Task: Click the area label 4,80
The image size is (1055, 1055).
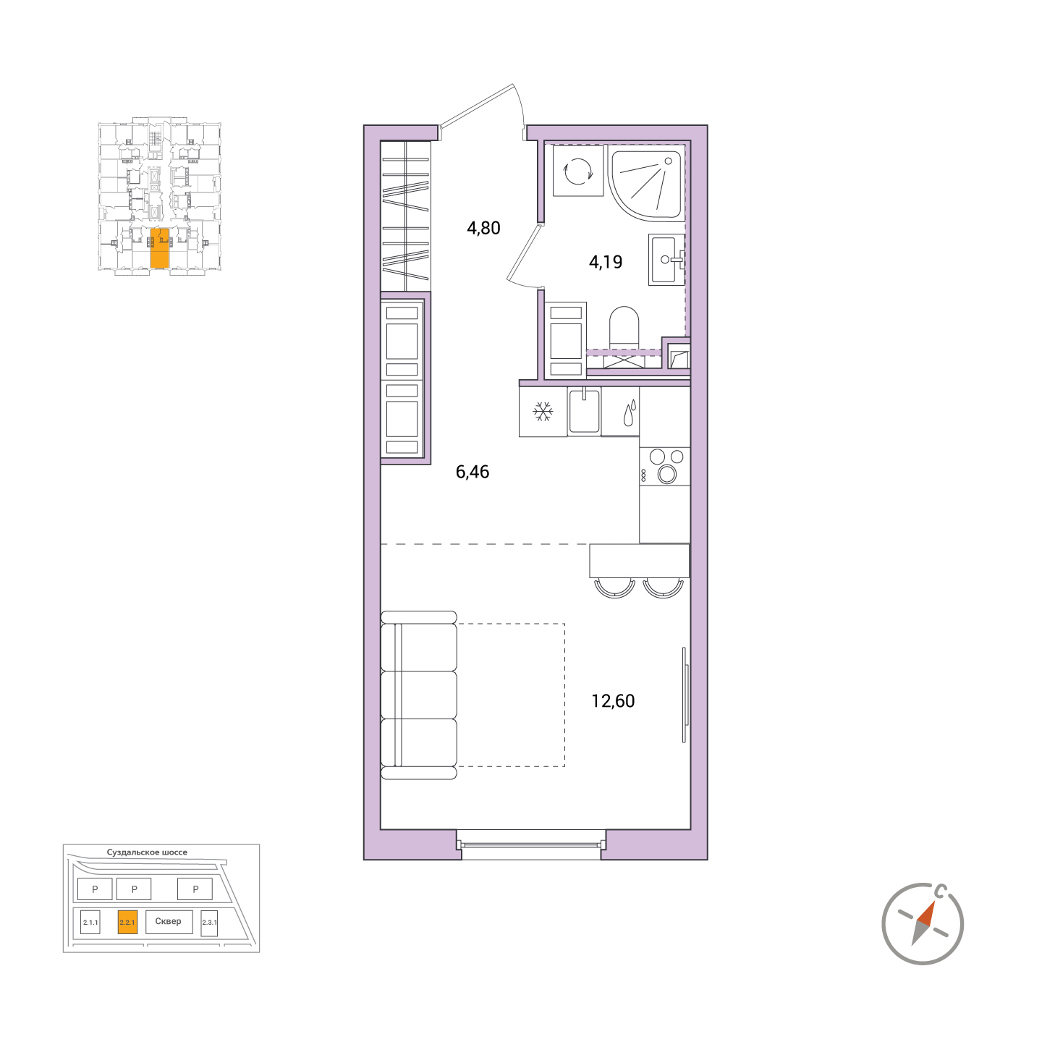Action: pyautogui.click(x=483, y=228)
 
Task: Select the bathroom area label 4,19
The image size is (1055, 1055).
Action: pyautogui.click(x=606, y=262)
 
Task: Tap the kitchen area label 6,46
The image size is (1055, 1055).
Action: pyautogui.click(x=473, y=471)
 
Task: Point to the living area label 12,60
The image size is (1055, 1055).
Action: pyautogui.click(x=613, y=701)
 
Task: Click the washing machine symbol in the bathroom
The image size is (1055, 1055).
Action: pyautogui.click(x=578, y=171)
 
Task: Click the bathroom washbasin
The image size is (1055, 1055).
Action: pyautogui.click(x=666, y=260)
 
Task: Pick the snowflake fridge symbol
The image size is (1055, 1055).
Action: pyautogui.click(x=543, y=411)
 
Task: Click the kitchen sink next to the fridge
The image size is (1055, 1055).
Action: pyautogui.click(x=584, y=411)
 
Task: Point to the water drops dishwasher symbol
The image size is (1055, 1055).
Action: pyautogui.click(x=630, y=412)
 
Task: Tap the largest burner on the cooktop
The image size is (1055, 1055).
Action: pyautogui.click(x=667, y=474)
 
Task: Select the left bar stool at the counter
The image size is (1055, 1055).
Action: pyautogui.click(x=614, y=588)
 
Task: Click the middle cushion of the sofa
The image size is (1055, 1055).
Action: pyautogui.click(x=419, y=695)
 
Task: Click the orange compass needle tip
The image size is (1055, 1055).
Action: pyautogui.click(x=933, y=902)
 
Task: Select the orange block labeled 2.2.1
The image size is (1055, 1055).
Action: pyautogui.click(x=127, y=923)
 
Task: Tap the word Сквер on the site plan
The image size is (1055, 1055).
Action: pyautogui.click(x=168, y=921)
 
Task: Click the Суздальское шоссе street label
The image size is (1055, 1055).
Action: pyautogui.click(x=147, y=852)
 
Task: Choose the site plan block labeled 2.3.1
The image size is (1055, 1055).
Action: pyautogui.click(x=209, y=923)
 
